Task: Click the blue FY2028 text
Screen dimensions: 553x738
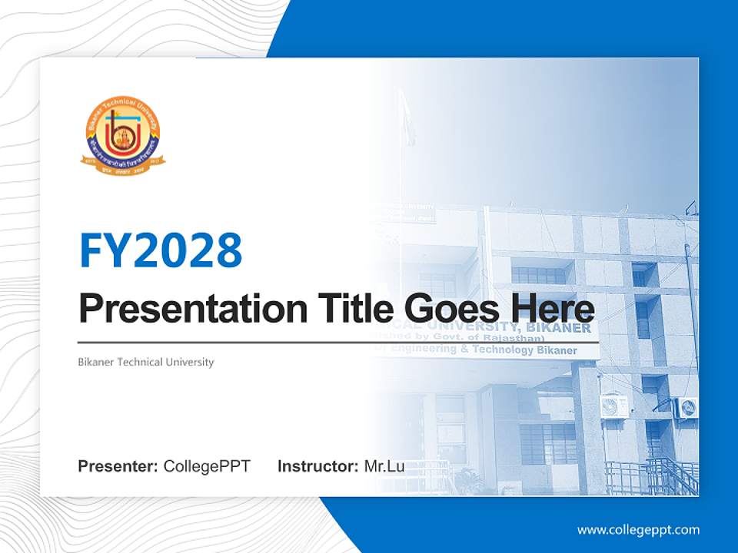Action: pyautogui.click(x=161, y=250)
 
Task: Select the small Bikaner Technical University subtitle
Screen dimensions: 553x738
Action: pyautogui.click(x=146, y=362)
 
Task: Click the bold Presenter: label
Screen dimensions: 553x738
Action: pyautogui.click(x=118, y=466)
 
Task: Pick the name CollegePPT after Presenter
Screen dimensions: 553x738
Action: pyautogui.click(x=207, y=466)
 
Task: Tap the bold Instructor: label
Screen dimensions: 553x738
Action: pyautogui.click(x=317, y=466)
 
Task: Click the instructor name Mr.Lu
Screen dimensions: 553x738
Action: pyautogui.click(x=384, y=466)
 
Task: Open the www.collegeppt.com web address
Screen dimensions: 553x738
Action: pyautogui.click(x=638, y=529)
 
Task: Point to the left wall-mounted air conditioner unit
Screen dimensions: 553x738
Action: pyautogui.click(x=613, y=406)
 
